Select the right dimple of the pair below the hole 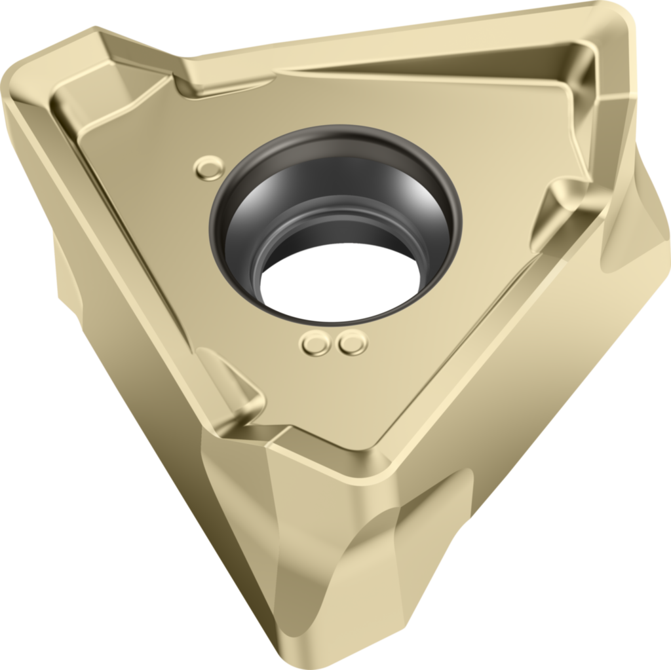pyautogui.click(x=353, y=343)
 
